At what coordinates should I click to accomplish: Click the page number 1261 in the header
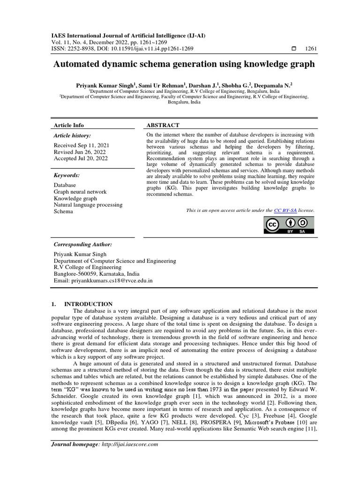coord(310,48)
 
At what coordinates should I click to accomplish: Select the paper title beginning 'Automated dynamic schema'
coord(183,64)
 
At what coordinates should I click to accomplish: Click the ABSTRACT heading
coord(163,125)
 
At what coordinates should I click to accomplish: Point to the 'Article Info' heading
coord(69,125)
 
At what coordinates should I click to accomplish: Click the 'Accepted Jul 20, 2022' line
coord(81,158)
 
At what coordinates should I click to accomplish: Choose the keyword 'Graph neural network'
coord(80,192)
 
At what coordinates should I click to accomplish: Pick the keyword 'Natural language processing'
coord(88,205)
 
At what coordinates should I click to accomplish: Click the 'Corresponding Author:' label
coord(82,245)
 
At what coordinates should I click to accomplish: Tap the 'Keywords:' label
coord(67,175)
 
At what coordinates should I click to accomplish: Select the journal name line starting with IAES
coord(128,36)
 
